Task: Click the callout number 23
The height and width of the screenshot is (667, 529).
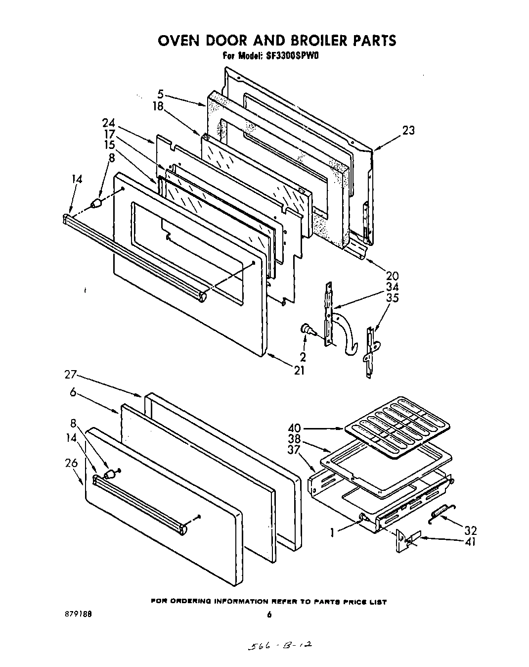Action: point(408,130)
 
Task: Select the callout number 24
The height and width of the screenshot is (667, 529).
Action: point(109,123)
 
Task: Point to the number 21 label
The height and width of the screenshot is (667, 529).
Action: point(299,370)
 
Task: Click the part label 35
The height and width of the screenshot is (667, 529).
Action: point(392,298)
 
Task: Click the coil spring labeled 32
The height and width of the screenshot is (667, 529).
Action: point(443,512)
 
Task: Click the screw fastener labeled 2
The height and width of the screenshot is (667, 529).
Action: point(308,330)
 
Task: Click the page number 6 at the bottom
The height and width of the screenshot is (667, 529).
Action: point(269,615)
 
